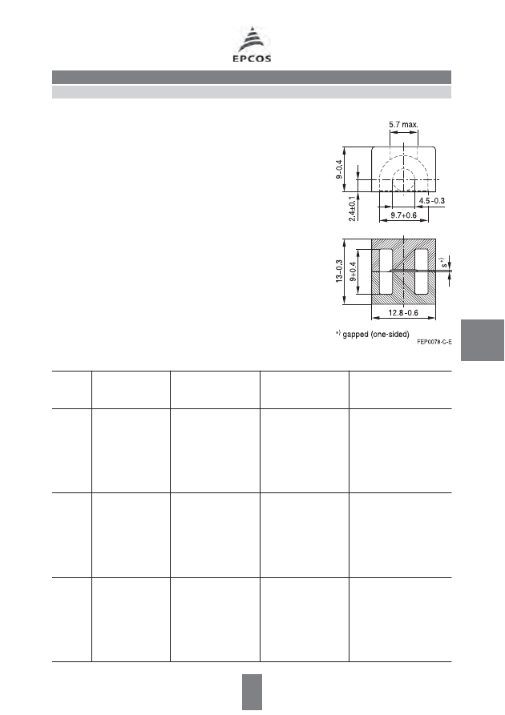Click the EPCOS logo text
(x=252, y=58)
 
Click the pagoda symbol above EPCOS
(x=252, y=40)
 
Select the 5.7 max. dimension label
(x=404, y=124)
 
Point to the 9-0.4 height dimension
(x=339, y=169)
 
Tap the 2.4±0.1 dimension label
(x=353, y=209)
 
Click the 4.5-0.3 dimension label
(x=432, y=201)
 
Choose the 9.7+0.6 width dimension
(x=403, y=215)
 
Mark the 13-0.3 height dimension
(x=339, y=271)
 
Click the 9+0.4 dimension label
(x=353, y=271)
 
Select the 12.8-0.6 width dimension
(x=403, y=313)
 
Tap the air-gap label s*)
(x=443, y=263)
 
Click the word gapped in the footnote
(x=355, y=335)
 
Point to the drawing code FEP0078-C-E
(x=434, y=342)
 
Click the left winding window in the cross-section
(x=386, y=271)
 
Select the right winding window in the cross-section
(x=421, y=271)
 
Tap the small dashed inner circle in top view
(x=404, y=180)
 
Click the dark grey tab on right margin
(x=483, y=340)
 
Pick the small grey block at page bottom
(x=252, y=692)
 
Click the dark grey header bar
(x=252, y=77)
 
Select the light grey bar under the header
(x=252, y=92)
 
